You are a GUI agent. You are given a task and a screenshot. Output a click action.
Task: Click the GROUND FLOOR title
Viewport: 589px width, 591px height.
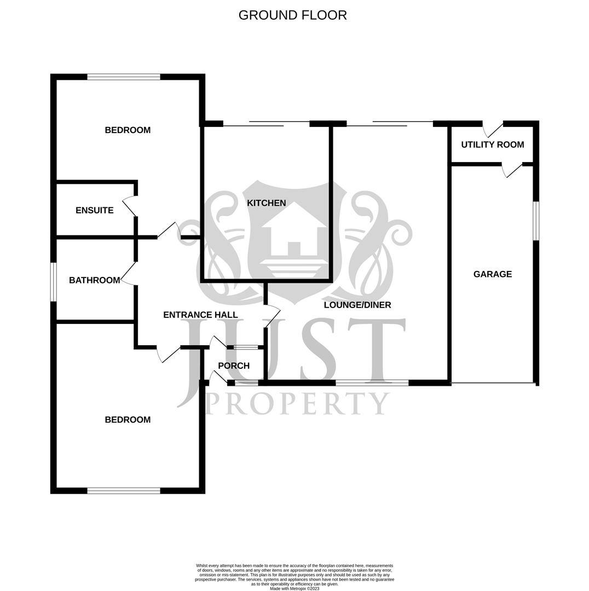[x=292, y=15]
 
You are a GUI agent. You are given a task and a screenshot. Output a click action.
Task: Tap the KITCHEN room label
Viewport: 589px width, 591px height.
[x=266, y=203]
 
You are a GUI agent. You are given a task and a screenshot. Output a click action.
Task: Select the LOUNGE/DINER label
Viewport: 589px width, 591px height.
[x=357, y=305]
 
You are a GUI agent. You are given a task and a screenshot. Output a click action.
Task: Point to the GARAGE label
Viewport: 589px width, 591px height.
[x=492, y=274]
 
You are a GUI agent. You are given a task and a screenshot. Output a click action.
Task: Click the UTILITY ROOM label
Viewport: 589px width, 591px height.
[x=492, y=144]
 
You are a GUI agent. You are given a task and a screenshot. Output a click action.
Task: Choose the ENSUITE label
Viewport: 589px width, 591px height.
[x=94, y=210]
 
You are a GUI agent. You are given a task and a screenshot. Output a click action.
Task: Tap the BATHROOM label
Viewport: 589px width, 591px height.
[x=94, y=280]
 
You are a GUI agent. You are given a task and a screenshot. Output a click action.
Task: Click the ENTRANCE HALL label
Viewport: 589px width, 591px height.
[x=200, y=315]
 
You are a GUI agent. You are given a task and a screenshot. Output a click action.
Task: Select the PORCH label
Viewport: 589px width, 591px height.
[x=234, y=366]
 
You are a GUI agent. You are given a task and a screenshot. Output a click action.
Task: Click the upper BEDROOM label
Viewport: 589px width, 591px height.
[x=128, y=130]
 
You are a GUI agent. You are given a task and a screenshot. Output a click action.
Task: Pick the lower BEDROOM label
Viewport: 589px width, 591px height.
[x=128, y=420]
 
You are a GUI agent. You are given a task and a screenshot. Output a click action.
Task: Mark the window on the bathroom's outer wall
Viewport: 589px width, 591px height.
[x=54, y=282]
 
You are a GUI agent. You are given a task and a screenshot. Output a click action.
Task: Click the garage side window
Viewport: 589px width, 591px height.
[x=536, y=221]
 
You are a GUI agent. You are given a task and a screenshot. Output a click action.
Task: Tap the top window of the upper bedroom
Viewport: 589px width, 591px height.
[x=124, y=77]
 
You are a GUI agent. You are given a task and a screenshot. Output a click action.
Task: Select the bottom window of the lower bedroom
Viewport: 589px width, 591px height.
[x=124, y=491]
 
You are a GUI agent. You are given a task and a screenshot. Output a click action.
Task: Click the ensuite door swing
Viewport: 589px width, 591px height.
[x=129, y=206]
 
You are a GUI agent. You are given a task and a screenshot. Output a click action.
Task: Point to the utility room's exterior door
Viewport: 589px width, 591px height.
[x=493, y=129]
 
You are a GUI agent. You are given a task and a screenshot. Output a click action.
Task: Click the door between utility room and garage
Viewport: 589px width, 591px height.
[x=512, y=170]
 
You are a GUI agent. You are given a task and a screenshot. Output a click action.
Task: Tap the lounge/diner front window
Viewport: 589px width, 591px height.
[x=372, y=383]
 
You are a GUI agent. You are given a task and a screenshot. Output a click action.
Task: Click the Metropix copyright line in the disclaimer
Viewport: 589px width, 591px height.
[x=294, y=589]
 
